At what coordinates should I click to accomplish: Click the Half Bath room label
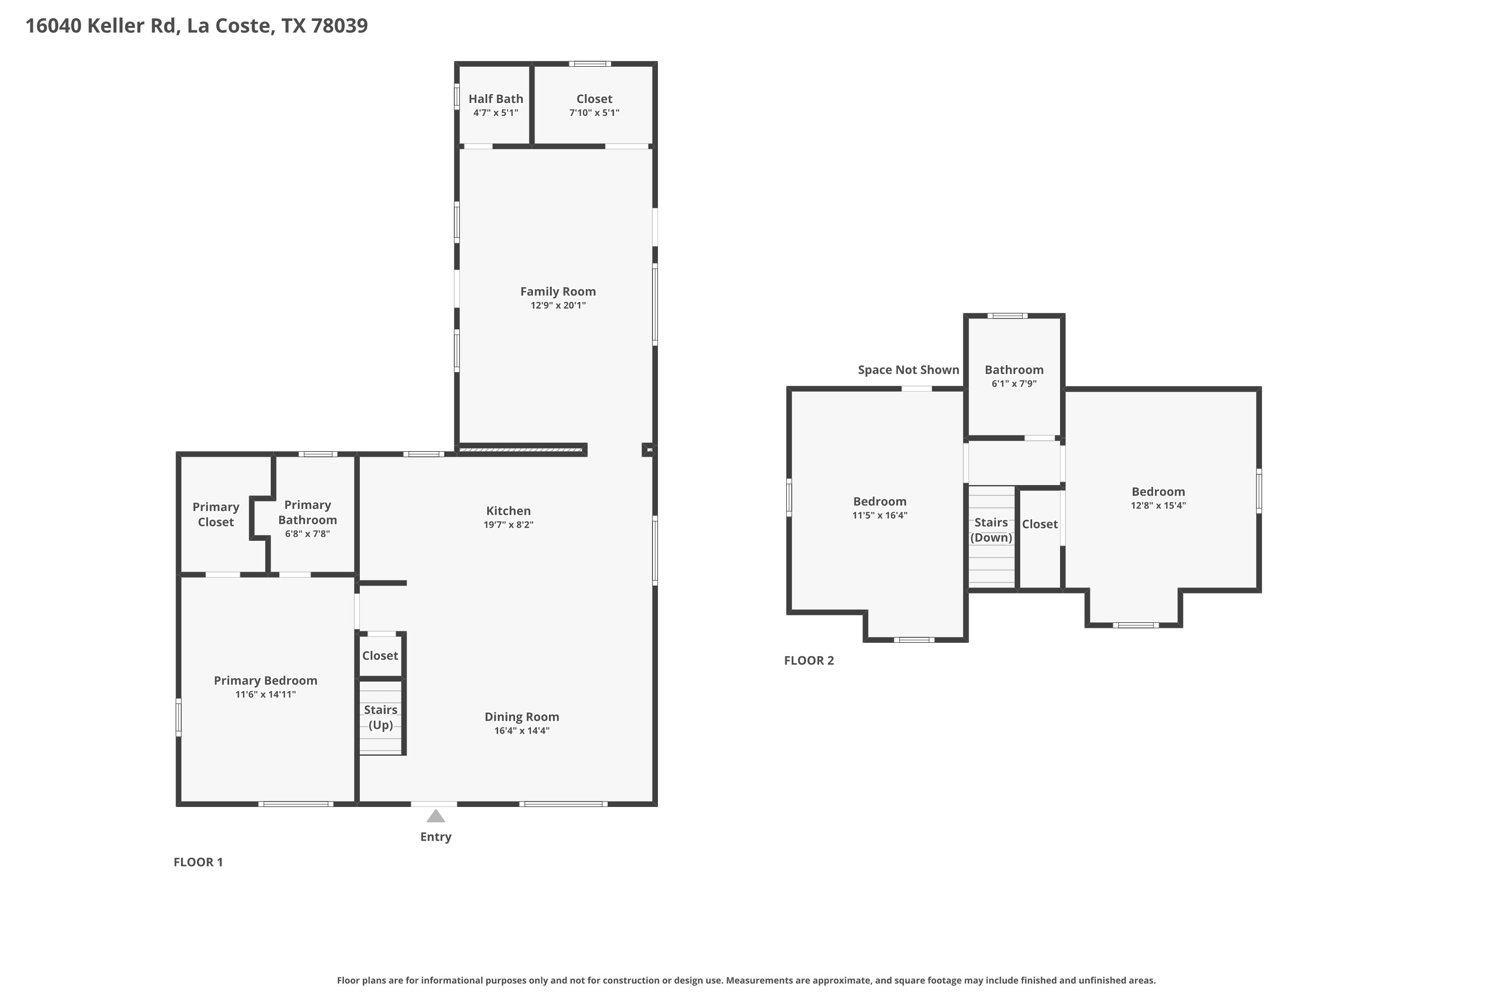[496, 99]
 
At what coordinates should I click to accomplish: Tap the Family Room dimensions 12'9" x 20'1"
[558, 305]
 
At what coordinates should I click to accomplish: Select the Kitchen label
[509, 511]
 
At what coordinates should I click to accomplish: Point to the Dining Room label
[522, 717]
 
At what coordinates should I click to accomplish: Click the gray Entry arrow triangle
[435, 816]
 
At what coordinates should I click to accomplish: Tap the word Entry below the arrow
[435, 837]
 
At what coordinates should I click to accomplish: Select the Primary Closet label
[216, 514]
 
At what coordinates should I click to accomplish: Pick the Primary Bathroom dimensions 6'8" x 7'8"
[307, 534]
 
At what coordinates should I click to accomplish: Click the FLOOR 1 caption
[198, 862]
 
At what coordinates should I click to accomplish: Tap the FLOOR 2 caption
[809, 661]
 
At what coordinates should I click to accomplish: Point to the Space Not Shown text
[908, 370]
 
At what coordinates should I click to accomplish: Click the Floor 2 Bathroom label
[1014, 370]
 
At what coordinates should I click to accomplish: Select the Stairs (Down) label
[991, 530]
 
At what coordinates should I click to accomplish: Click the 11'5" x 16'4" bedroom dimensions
[880, 515]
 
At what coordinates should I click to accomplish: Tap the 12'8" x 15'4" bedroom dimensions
[1158, 506]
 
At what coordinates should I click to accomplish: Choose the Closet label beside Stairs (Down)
[1040, 524]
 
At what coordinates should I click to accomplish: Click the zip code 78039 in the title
[339, 25]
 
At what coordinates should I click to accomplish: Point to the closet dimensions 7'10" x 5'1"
[594, 113]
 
